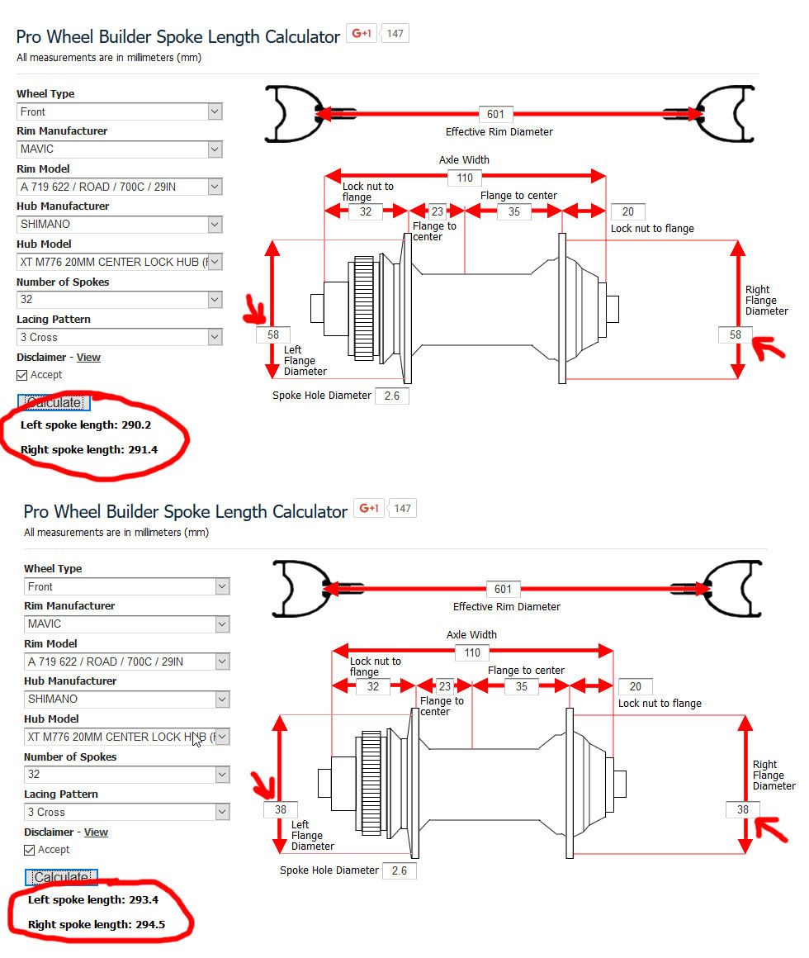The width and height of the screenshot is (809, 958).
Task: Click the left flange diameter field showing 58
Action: pyautogui.click(x=273, y=334)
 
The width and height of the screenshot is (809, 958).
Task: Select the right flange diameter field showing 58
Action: pyautogui.click(x=736, y=334)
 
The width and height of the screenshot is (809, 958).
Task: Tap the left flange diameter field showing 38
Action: pyautogui.click(x=280, y=809)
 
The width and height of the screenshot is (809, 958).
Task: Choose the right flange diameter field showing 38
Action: pyautogui.click(x=742, y=809)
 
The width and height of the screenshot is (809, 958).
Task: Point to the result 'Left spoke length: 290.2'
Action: pyautogui.click(x=86, y=424)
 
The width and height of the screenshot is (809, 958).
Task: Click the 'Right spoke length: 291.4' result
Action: pyautogui.click(x=89, y=449)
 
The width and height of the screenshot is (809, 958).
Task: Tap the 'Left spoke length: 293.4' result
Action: pyautogui.click(x=92, y=899)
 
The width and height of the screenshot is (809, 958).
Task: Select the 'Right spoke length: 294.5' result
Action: pyautogui.click(x=97, y=924)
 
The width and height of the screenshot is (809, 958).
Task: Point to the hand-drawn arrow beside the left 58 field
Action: pyautogui.click(x=255, y=309)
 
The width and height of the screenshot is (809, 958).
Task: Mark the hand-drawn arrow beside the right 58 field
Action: pyautogui.click(x=768, y=348)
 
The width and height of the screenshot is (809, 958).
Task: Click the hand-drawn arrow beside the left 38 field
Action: pyautogui.click(x=264, y=785)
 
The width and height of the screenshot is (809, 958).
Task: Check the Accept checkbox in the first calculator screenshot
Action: pyautogui.click(x=22, y=375)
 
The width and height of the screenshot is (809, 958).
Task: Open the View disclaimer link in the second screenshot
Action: pyautogui.click(x=96, y=832)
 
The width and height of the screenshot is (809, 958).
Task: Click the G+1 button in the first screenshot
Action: pyautogui.click(x=362, y=34)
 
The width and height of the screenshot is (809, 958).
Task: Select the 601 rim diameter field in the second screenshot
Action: pyautogui.click(x=503, y=589)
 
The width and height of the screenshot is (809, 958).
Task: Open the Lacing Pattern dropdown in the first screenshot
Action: pyautogui.click(x=119, y=337)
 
